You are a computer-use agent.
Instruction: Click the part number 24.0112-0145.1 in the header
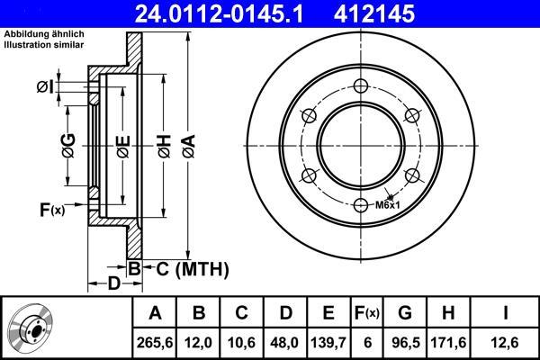tap(219, 13)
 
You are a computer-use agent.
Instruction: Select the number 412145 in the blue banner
tap(374, 13)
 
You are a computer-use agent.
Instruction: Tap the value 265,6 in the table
tap(155, 343)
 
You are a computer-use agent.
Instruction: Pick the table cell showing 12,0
tap(198, 343)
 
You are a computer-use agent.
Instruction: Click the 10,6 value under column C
tap(241, 343)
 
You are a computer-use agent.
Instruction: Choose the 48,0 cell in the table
tap(285, 343)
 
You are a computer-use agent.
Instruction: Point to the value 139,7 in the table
tap(328, 343)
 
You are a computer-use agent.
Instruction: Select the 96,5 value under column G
tap(406, 343)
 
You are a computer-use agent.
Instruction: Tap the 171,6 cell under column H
tap(448, 343)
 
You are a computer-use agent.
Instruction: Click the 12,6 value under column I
tap(505, 343)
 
